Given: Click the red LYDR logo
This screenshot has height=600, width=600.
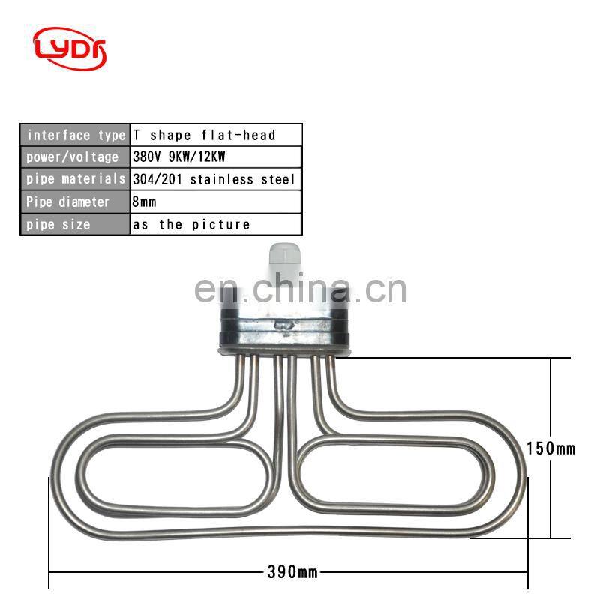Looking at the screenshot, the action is tap(70, 49).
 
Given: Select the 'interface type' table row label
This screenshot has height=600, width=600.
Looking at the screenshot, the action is tap(75, 135).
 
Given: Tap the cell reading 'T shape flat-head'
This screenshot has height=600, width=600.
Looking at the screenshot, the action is tap(216, 135).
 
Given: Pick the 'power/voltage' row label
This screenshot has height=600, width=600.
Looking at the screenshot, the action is tap(75, 157).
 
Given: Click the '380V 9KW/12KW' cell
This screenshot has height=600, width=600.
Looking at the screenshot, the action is tap(216, 157).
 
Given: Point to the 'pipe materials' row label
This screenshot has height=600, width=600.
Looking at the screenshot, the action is tap(75, 179).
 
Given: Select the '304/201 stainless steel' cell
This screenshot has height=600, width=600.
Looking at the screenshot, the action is tap(216, 179).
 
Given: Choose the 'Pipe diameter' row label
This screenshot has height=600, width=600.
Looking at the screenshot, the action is tap(75, 202).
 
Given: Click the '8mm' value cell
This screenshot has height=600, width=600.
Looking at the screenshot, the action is tap(216, 202).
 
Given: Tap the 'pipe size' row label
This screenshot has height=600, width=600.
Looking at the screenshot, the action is tap(75, 224).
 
